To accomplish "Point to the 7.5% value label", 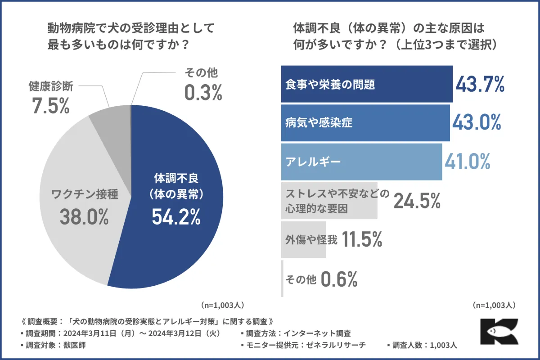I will click(x=50, y=106).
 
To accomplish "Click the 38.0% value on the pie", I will click(x=84, y=217).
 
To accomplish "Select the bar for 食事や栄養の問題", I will click(x=366, y=84).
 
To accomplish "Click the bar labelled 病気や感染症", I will click(x=365, y=123).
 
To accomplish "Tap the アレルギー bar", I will click(x=361, y=162).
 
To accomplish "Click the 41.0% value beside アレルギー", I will click(x=467, y=162).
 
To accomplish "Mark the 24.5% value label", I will click(x=417, y=201).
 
